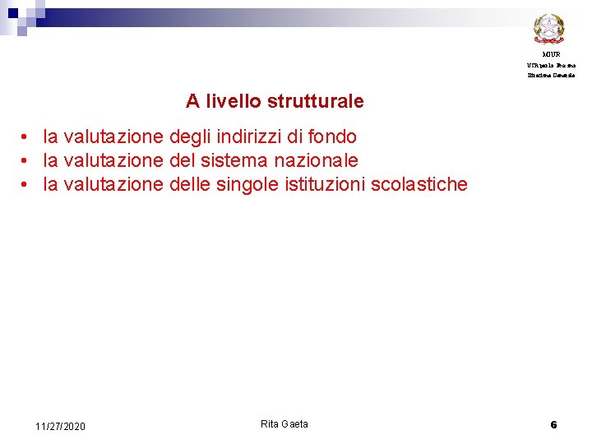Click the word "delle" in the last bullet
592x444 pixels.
pyautogui.click(x=189, y=184)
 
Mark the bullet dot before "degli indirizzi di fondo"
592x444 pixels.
pyautogui.click(x=27, y=137)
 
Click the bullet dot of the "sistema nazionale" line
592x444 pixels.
pyautogui.click(x=27, y=161)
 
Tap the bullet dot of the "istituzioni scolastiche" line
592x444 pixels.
pyautogui.click(x=27, y=185)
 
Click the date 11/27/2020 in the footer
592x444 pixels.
pyautogui.click(x=60, y=426)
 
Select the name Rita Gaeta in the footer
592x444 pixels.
pyautogui.click(x=284, y=423)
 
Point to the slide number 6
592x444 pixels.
pyautogui.click(x=553, y=424)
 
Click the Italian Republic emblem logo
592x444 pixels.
pyautogui.click(x=548, y=30)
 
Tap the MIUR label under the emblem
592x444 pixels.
pyautogui.click(x=551, y=54)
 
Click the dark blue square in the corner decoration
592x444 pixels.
pyautogui.click(x=12, y=13)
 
